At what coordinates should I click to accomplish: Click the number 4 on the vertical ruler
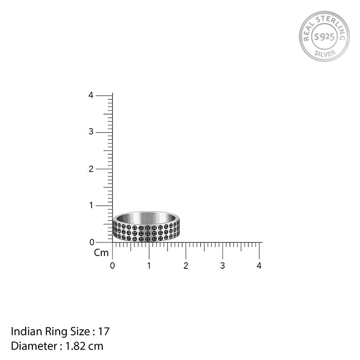pyautogui.click(x=91, y=95)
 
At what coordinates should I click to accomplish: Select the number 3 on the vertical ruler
pyautogui.click(x=91, y=132)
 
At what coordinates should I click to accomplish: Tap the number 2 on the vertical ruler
pyautogui.click(x=91, y=169)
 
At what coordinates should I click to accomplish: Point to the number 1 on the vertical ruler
pyautogui.click(x=92, y=205)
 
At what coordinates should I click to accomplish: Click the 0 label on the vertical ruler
pyautogui.click(x=92, y=242)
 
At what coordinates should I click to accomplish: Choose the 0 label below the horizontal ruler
pyautogui.click(x=112, y=266)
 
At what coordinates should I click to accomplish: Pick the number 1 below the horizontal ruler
pyautogui.click(x=149, y=266)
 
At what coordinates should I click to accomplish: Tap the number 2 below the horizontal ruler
pyautogui.click(x=186, y=266)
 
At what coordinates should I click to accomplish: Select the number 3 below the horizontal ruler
pyautogui.click(x=223, y=266)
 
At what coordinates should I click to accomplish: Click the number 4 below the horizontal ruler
pyautogui.click(x=259, y=266)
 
